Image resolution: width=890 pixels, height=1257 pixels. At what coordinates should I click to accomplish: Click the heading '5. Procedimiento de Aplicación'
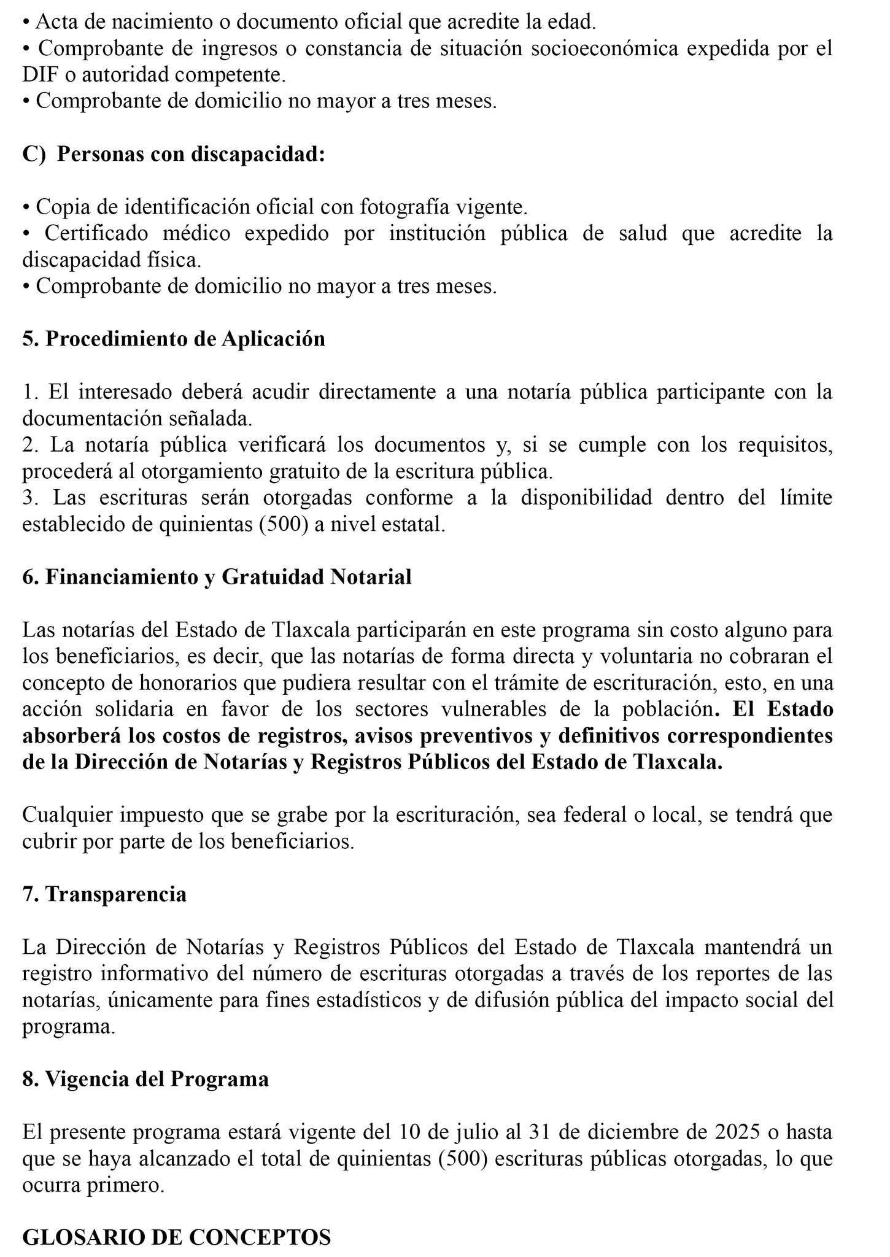pos(174,339)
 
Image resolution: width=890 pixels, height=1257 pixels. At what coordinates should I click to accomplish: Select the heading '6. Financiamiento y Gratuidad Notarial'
pos(217,577)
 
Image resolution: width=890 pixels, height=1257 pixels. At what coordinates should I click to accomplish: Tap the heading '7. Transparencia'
pos(104,894)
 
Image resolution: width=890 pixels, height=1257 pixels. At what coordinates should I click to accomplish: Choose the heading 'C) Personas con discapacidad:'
pos(174,153)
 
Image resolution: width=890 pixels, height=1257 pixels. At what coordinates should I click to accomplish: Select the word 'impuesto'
pos(161,815)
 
